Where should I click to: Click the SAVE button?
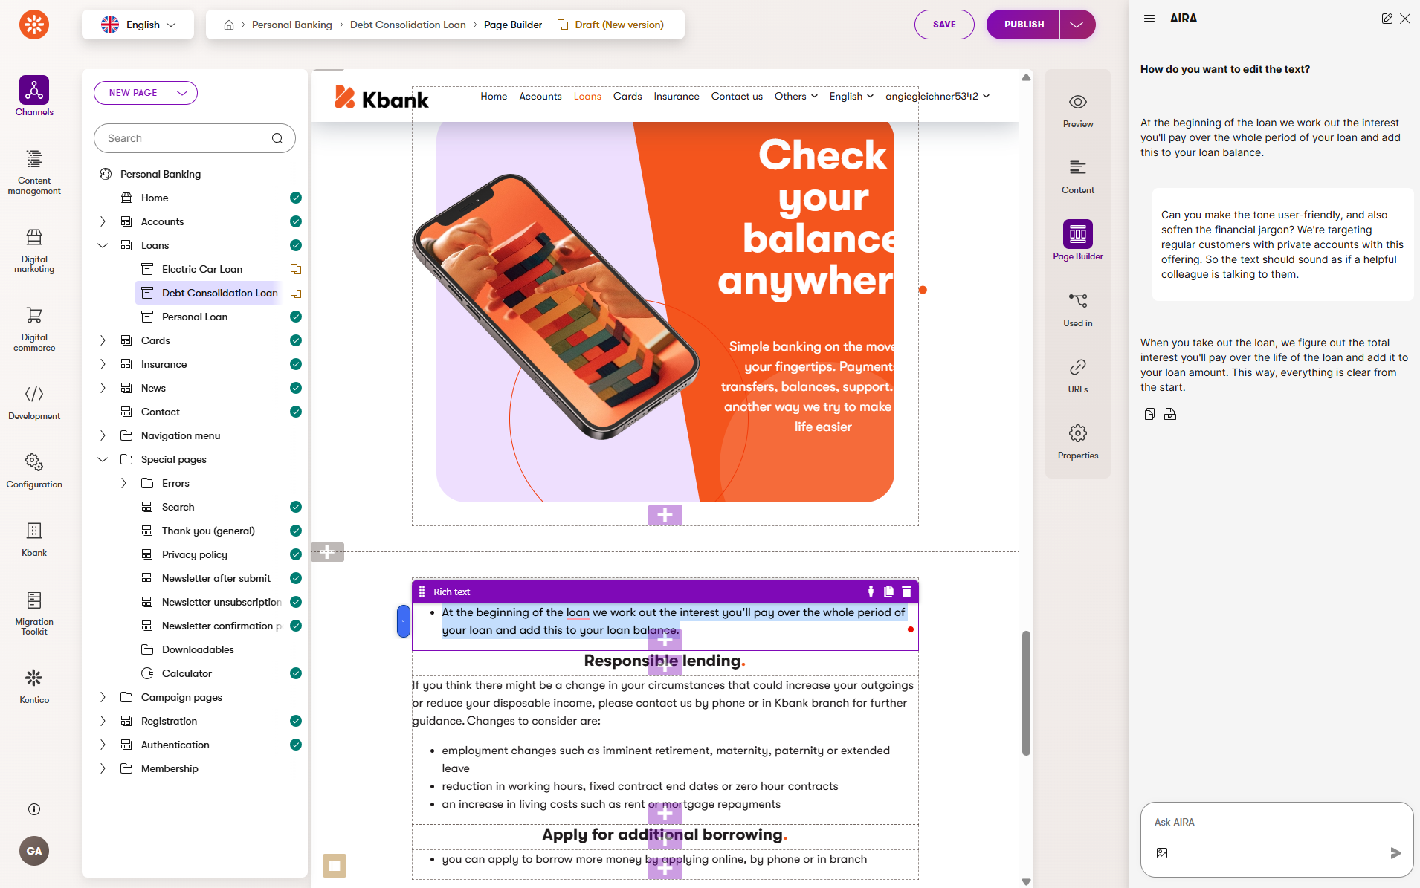[944, 25]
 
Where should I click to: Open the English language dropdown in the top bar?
[138, 25]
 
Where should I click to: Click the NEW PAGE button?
[133, 93]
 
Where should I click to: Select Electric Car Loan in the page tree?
[202, 269]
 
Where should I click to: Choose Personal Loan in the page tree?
[195, 317]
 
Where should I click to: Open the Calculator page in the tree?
[187, 673]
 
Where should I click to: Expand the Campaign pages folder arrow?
[103, 697]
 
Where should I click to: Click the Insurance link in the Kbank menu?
[677, 97]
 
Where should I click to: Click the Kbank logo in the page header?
[381, 98]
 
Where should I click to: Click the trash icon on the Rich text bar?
[906, 592]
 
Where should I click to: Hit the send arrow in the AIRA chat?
[1395, 853]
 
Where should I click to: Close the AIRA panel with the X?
[1405, 19]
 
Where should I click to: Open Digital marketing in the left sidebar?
[34, 252]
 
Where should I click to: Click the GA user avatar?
[34, 851]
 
